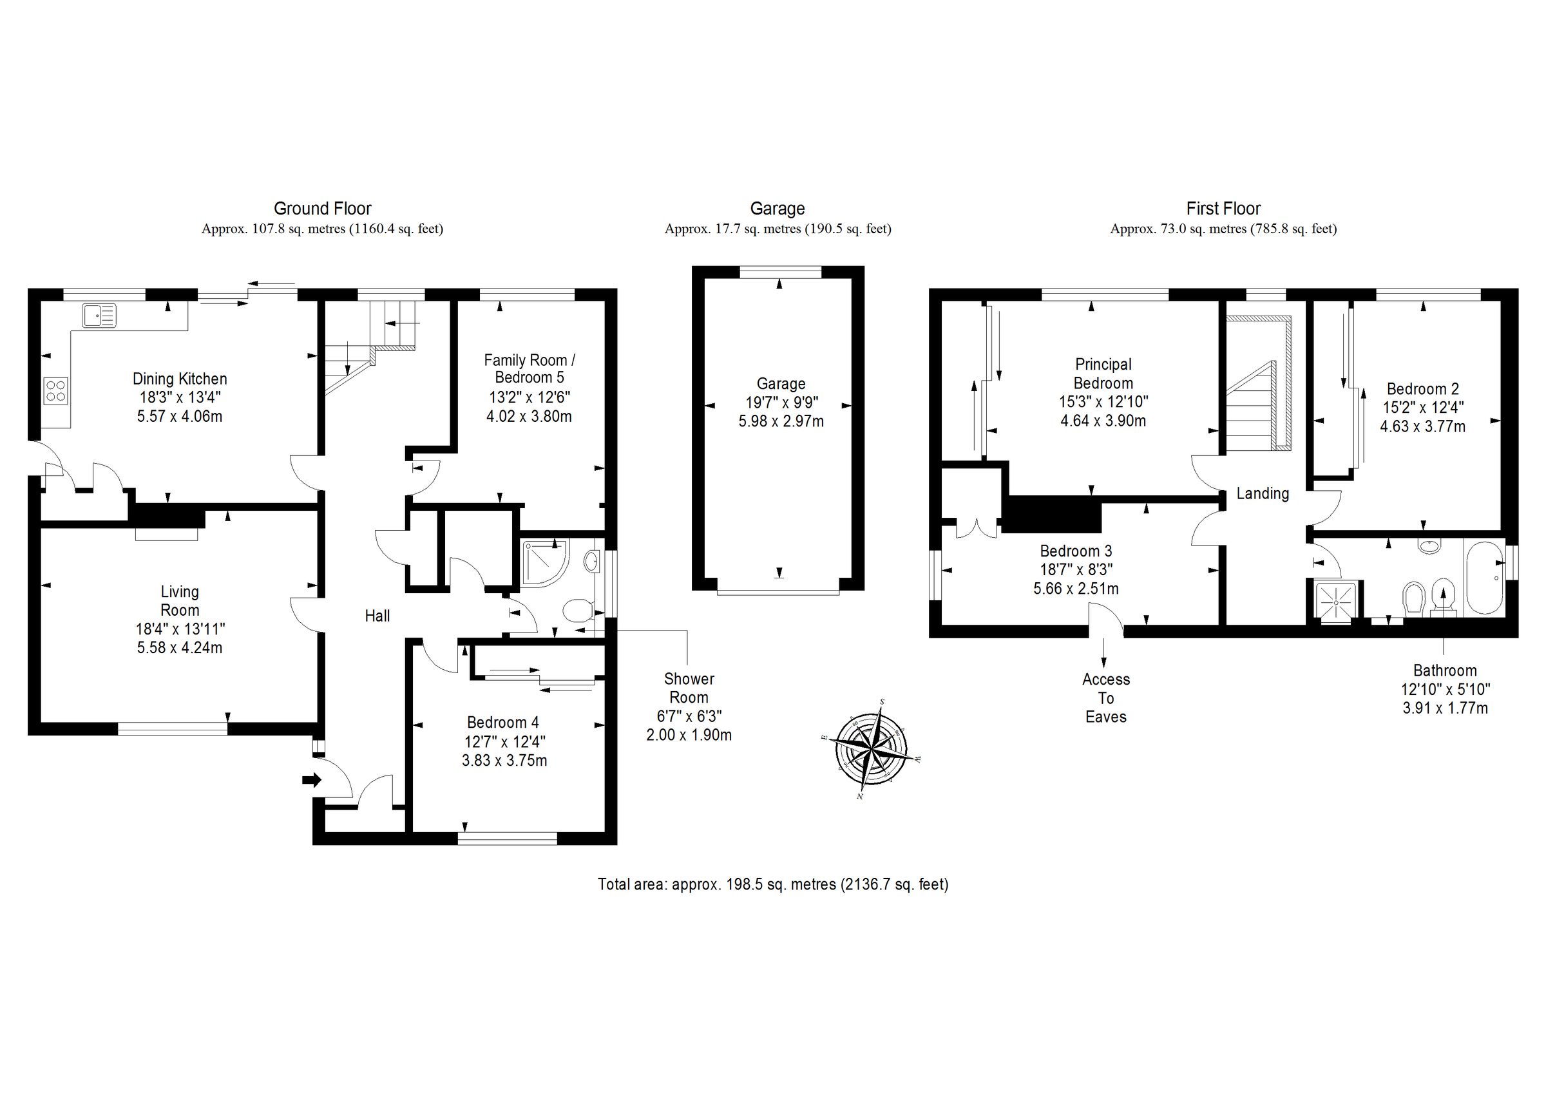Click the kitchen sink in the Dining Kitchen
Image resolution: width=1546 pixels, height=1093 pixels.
point(99,315)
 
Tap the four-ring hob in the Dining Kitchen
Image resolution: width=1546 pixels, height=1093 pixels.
point(56,390)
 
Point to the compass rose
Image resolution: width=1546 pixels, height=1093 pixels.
point(872,749)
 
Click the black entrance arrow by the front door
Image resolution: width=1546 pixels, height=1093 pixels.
point(312,780)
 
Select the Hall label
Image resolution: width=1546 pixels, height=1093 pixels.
point(377,616)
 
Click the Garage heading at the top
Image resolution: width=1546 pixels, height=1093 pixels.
point(777,209)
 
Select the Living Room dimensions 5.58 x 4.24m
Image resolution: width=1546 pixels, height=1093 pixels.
point(180,648)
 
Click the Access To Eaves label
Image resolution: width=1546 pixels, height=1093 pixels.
point(1105,698)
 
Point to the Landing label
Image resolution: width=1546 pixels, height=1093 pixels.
point(1263,493)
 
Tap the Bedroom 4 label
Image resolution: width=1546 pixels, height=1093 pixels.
point(503,723)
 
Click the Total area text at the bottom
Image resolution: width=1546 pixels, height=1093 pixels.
point(773,884)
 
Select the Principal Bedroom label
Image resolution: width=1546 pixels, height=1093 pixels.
point(1103,374)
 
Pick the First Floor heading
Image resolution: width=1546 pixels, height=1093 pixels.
point(1223,209)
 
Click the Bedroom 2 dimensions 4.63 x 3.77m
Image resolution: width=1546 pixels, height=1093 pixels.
point(1422,426)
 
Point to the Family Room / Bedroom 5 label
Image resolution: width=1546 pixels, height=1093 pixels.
point(530,368)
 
